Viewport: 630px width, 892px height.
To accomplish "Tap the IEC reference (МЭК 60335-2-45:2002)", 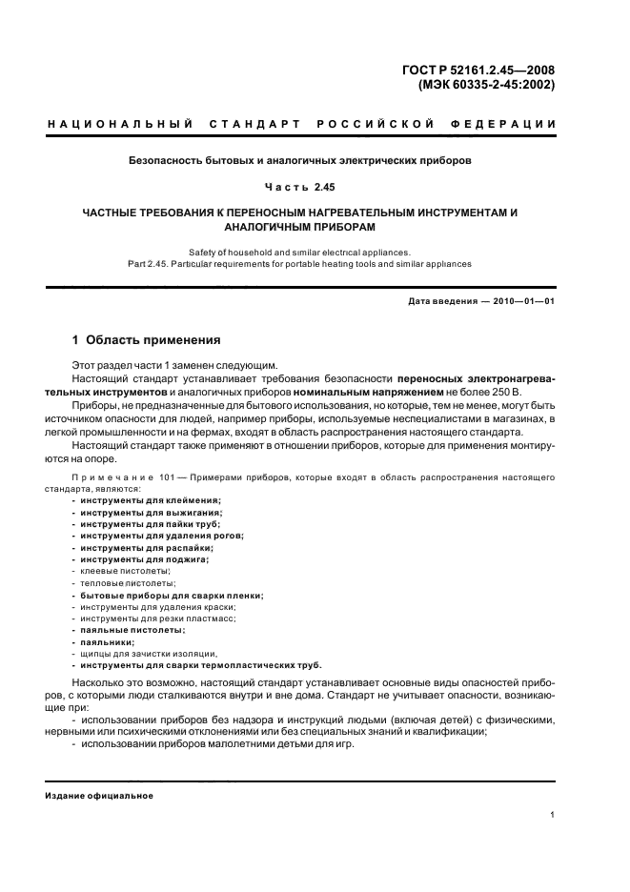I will pyautogui.click(x=486, y=84).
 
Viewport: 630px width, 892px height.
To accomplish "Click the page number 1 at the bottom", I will pyautogui.click(x=553, y=814).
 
